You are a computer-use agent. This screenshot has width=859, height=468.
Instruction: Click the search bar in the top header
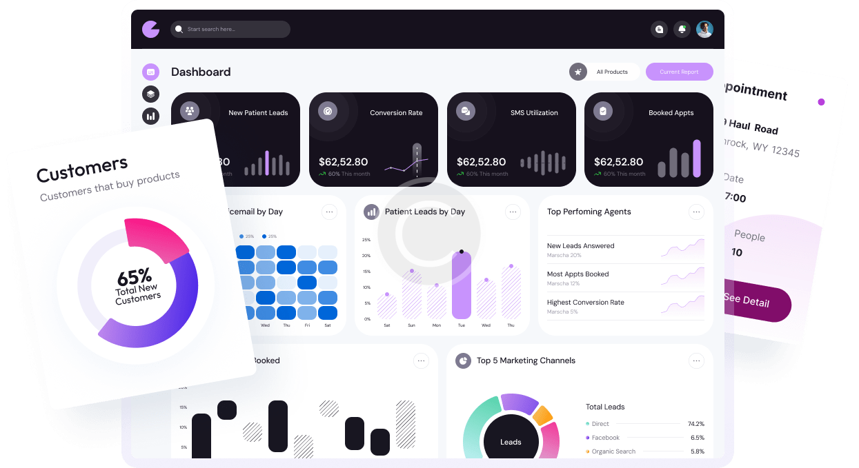tap(230, 29)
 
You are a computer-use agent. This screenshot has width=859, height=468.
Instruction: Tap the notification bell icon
tap(682, 29)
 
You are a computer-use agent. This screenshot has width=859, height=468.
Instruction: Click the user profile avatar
tap(704, 29)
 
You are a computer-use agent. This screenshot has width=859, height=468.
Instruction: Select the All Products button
tap(611, 72)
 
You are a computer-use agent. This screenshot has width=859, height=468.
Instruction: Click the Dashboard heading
tap(201, 72)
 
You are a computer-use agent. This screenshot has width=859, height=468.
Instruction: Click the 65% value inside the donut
tap(134, 277)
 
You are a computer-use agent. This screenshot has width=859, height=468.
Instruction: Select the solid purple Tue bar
tap(462, 285)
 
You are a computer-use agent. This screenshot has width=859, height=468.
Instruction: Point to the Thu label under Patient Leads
tap(511, 325)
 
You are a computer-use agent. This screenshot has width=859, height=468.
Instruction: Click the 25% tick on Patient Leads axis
tap(366, 240)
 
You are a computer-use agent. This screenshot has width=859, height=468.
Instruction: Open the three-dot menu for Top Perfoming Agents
tap(696, 212)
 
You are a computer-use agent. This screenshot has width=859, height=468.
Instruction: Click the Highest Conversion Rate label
tap(585, 302)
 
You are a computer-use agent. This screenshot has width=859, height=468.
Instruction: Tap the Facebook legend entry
tap(605, 438)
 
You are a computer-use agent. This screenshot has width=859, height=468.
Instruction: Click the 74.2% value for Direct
tap(695, 424)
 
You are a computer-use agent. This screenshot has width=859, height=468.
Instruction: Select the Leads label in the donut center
tap(511, 442)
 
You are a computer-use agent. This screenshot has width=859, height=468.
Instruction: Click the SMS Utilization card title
tap(534, 112)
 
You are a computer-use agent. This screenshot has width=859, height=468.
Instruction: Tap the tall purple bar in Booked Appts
tap(697, 159)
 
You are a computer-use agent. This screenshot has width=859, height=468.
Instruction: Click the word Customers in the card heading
tap(82, 169)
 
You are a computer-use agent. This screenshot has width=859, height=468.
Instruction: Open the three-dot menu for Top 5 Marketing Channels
tap(696, 360)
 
